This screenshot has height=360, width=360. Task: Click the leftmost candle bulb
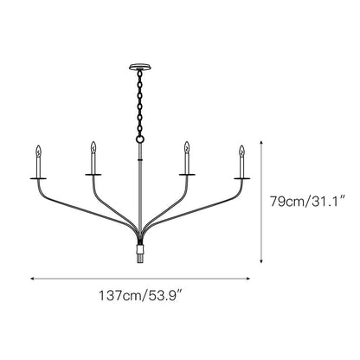coord(38,158)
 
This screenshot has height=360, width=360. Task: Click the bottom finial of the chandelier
coord(139,257)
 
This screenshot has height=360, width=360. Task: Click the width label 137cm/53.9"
coord(139,296)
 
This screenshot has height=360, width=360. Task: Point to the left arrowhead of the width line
coord(33,279)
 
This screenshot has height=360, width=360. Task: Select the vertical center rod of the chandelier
coord(139,190)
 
